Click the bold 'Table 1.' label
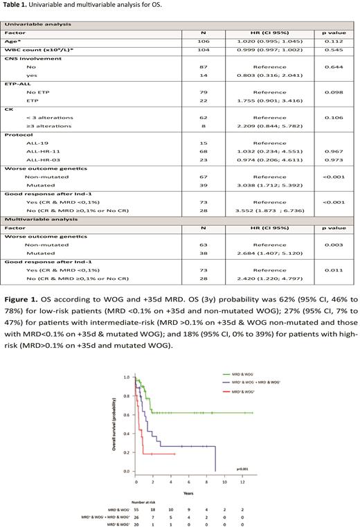coord(17,9)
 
